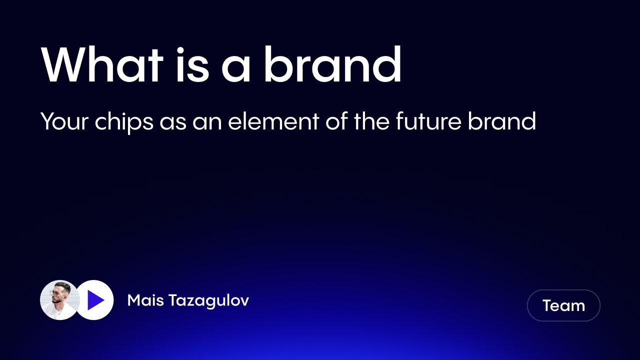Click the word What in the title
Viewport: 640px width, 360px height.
[102, 65]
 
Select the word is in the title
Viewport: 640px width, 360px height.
[192, 65]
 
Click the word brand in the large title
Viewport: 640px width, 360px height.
[332, 65]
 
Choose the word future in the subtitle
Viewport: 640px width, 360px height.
[428, 121]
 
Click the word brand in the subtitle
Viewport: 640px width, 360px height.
[501, 121]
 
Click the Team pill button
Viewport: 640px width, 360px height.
[563, 305]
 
